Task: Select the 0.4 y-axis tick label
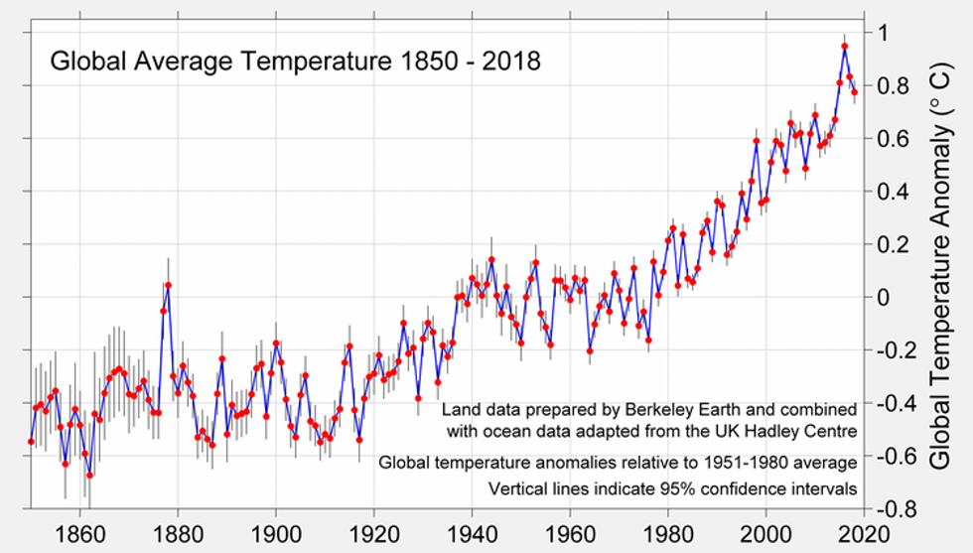click(891, 191)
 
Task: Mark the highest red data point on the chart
click(844, 46)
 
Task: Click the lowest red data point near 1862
click(89, 476)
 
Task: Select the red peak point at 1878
click(168, 285)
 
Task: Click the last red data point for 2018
click(854, 92)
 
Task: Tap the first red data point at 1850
click(31, 441)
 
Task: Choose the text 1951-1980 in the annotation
click(751, 462)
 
